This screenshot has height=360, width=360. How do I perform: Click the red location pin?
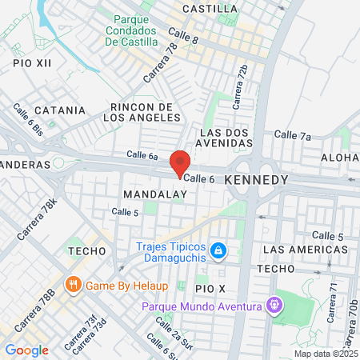pos(180,164)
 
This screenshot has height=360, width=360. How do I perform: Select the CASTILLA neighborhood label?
pos(210,9)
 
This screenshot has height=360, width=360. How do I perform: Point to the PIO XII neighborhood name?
pos(32,62)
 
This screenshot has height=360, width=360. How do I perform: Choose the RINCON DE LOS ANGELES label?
pos(142,112)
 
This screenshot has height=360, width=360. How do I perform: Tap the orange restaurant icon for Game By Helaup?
pos(73,283)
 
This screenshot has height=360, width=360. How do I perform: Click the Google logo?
pos(26,350)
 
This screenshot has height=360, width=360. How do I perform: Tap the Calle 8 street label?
pos(183,35)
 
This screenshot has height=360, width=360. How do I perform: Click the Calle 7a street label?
pos(293,136)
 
